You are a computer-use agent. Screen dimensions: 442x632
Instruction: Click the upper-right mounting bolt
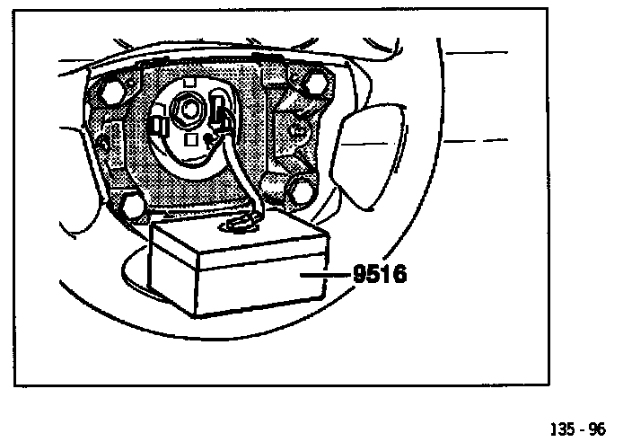[x=317, y=85]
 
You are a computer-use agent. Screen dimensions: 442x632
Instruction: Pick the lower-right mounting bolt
[x=303, y=191]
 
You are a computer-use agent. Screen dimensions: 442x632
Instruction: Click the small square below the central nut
[x=189, y=140]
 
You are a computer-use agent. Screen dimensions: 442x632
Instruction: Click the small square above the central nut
[x=189, y=84]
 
